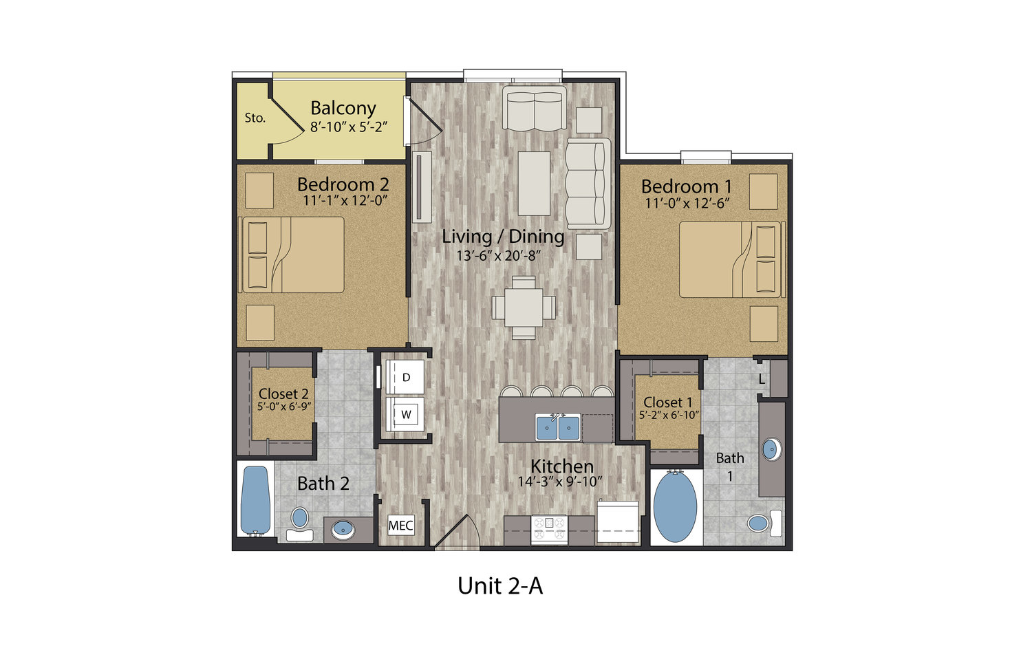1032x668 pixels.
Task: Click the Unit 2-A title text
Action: pos(500,586)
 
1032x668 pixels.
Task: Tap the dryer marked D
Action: pos(405,377)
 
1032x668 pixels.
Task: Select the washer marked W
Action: pos(405,414)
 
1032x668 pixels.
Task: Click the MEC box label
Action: pos(401,525)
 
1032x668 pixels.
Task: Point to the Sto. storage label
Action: pos(255,118)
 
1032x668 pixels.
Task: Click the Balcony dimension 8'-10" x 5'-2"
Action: pos(349,127)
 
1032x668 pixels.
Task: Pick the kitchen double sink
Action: pos(557,427)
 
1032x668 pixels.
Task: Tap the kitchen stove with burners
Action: pos(549,529)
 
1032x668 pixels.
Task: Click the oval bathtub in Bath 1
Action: pos(675,508)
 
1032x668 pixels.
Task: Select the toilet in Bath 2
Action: pos(299,524)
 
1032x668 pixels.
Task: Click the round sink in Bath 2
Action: pos(344,530)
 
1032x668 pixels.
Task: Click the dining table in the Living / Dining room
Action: pos(524,308)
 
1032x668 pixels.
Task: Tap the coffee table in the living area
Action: pos(534,184)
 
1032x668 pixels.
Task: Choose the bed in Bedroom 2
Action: pos(292,255)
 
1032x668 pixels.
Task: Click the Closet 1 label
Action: pos(667,402)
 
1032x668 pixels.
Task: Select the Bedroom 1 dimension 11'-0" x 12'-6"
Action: pos(687,203)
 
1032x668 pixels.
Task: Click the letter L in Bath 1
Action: pos(762,380)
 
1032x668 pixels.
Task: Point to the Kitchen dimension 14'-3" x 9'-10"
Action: pos(560,482)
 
